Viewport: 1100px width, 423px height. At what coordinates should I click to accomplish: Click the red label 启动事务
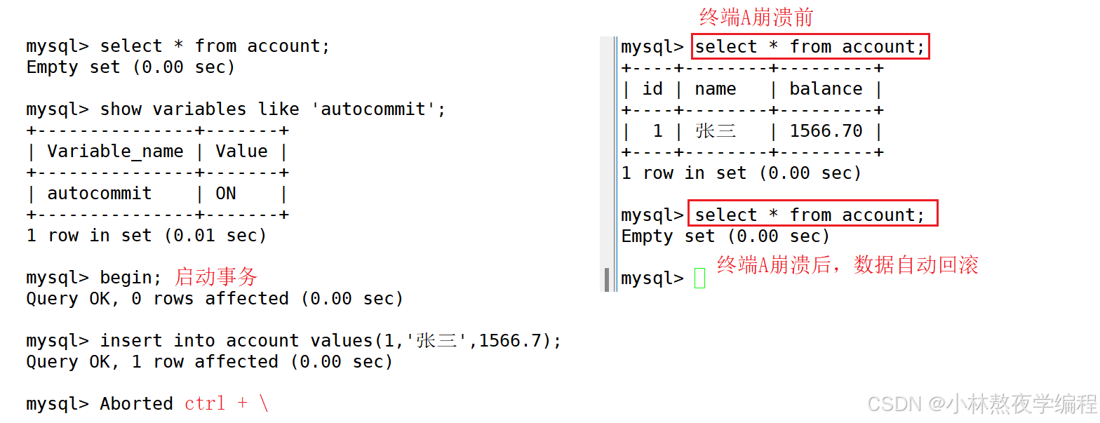coord(216,277)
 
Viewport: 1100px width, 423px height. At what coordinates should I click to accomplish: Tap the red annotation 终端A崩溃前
coord(756,18)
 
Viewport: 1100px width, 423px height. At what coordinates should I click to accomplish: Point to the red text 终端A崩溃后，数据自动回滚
coord(847,265)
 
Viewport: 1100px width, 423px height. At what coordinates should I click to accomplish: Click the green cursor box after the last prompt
coord(700,278)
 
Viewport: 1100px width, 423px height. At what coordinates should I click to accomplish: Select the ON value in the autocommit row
coord(226,194)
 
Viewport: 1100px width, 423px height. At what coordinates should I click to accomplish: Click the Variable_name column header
coord(115,152)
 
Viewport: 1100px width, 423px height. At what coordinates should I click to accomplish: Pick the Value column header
coord(241,152)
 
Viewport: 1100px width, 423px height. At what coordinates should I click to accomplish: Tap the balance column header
coord(826,89)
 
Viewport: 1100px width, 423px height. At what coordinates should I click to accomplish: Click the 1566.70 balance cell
coord(826,131)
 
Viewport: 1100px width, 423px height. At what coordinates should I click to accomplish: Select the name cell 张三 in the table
coord(716,131)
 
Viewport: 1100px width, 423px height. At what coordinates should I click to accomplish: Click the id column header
coord(652,89)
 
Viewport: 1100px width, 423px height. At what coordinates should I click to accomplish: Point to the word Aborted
coord(137,404)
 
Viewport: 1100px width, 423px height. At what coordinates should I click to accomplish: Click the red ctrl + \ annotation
coord(227,403)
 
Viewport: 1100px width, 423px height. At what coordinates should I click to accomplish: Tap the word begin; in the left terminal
coord(130,278)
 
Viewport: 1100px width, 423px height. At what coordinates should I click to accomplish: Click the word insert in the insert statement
coord(130,341)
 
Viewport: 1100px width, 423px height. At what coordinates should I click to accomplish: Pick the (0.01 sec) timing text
coord(215,236)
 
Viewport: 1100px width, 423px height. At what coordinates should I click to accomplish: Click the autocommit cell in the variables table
coord(100,194)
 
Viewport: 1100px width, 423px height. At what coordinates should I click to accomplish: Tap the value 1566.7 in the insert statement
coord(510,341)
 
